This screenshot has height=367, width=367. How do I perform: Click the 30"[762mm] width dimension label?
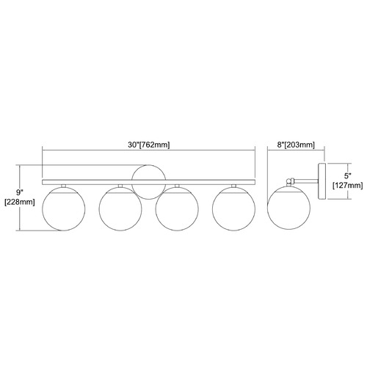148,145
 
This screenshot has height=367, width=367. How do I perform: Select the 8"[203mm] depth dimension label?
296,145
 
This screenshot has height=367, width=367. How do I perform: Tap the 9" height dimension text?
20,192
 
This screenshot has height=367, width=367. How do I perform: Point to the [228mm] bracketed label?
20,202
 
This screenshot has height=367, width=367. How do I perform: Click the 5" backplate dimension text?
347,175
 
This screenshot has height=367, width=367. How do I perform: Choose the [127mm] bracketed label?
347,186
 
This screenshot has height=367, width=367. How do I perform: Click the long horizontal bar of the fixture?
148,182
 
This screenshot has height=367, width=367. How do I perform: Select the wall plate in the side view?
322,181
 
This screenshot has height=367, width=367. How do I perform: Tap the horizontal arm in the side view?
306,181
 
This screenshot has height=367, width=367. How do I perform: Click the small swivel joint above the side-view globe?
291,182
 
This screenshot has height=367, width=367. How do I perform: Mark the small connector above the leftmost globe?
64,186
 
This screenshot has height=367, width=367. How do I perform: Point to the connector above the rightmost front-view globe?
233,186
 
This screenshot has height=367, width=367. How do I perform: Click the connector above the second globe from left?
120,186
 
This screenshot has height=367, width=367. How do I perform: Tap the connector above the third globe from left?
177,186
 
